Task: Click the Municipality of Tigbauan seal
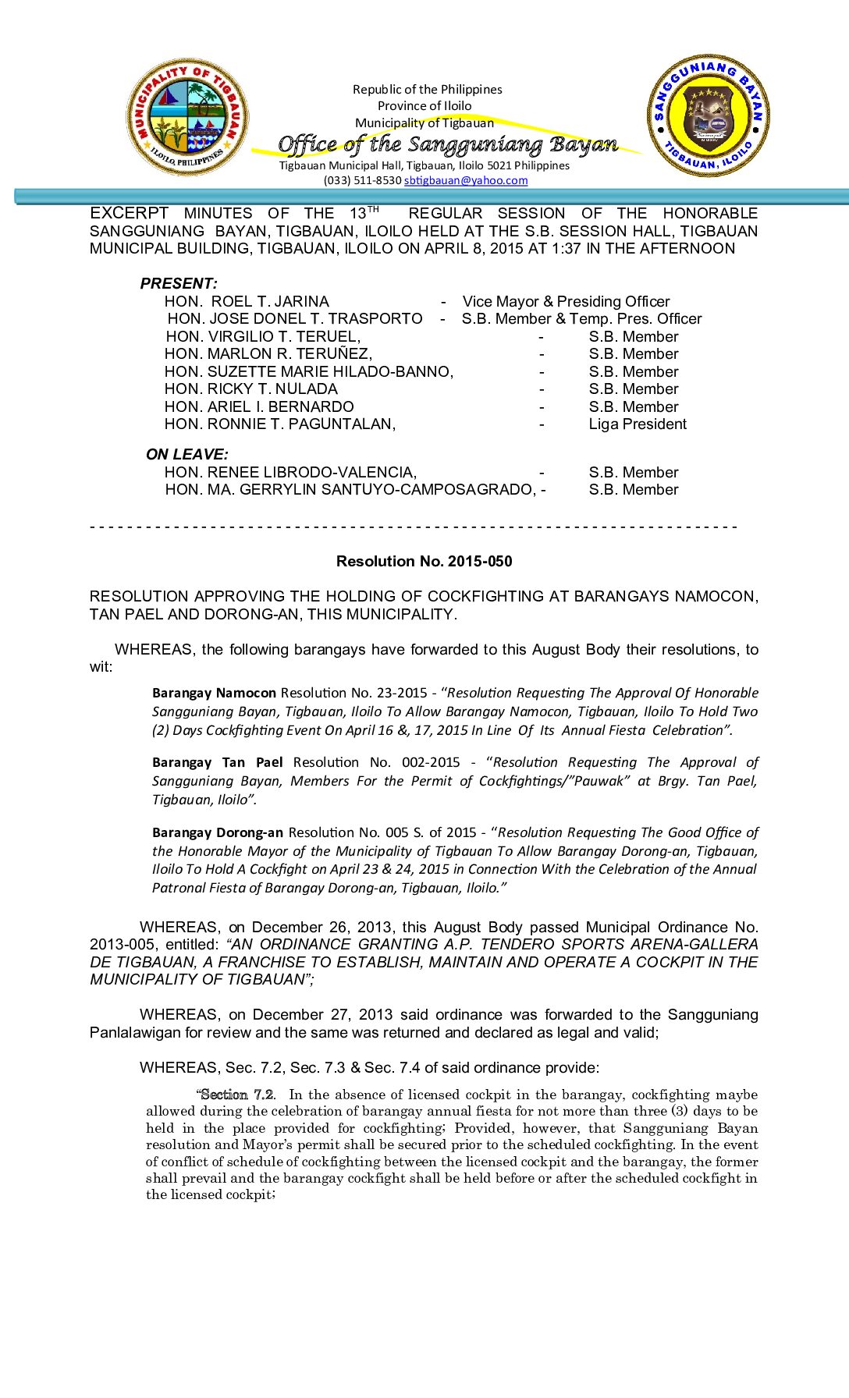click(x=187, y=117)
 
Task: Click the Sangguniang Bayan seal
click(x=709, y=115)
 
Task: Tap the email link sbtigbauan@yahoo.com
click(x=466, y=180)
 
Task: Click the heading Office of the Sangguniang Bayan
click(x=448, y=144)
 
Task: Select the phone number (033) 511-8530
click(x=362, y=180)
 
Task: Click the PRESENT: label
click(x=179, y=283)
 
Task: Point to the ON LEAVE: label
click(x=186, y=454)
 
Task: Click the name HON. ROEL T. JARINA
click(x=247, y=301)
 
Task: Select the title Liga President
click(x=638, y=424)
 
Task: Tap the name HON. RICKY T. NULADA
click(x=250, y=389)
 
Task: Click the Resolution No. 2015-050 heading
click(x=424, y=561)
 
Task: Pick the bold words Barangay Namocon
click(x=214, y=693)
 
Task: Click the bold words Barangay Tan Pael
click(x=217, y=762)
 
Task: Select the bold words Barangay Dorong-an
click(x=217, y=832)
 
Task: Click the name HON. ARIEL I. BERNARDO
click(x=259, y=406)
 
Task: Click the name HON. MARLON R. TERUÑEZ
click(x=268, y=353)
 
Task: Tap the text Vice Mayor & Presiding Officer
click(x=566, y=301)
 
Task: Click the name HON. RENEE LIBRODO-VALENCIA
click(x=290, y=472)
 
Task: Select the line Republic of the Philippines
click(x=427, y=90)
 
